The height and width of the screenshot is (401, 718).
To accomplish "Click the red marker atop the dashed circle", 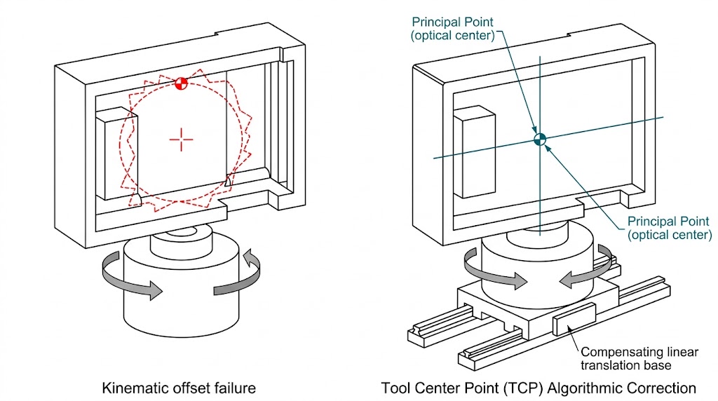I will tap(181, 84).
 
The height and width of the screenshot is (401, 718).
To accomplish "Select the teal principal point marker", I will tap(539, 139).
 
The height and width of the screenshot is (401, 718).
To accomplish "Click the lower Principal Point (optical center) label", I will tap(669, 229).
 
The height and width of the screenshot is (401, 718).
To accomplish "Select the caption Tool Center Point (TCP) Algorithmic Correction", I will tap(538, 387).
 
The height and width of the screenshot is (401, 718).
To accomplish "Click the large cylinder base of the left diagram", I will tap(182, 301).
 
